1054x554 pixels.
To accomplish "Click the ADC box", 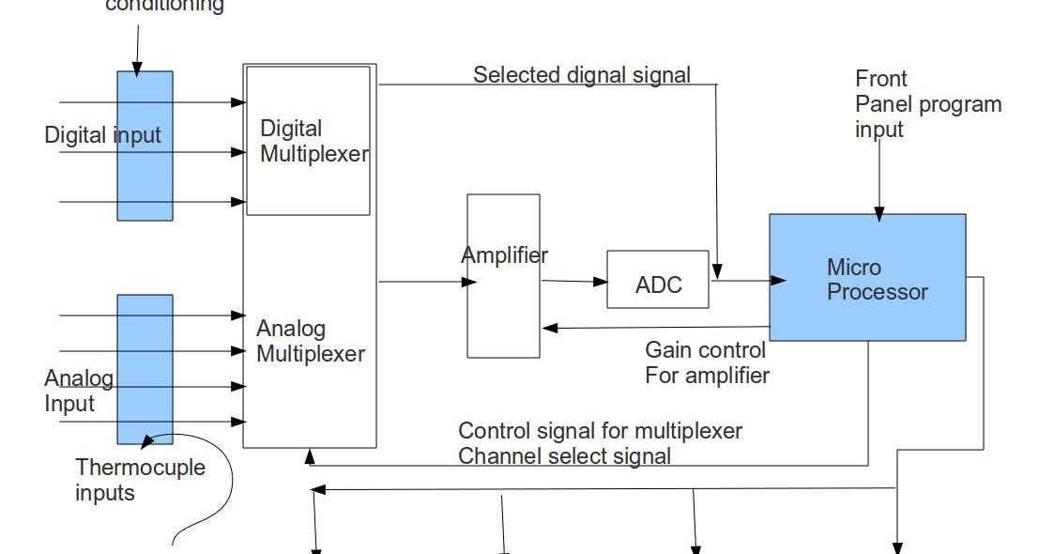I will click(658, 280).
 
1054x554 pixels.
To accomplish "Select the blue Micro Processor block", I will click(866, 278).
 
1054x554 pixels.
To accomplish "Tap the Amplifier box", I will click(504, 276).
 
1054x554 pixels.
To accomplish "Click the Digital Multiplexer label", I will click(313, 142).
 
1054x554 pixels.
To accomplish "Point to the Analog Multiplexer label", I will click(310, 342).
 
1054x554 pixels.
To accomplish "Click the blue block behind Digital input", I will click(145, 146).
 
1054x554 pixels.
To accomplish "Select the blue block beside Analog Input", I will click(145, 369).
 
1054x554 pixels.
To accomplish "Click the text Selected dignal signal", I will click(581, 75).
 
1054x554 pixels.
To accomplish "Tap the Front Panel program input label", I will click(926, 104).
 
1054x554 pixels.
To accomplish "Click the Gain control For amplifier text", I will click(706, 363).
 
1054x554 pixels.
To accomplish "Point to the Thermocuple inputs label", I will click(140, 480).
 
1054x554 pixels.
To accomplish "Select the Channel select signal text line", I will click(563, 457).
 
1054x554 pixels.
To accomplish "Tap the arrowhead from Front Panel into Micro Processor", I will click(879, 214).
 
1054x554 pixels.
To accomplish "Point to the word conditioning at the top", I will click(164, 6).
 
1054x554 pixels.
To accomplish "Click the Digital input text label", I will click(102, 135).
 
